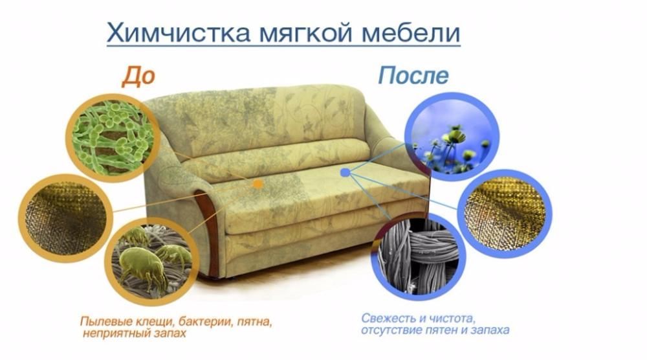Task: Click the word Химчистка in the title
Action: pos(165,32)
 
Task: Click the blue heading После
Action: pos(413,76)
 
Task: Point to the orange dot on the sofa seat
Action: pos(258,185)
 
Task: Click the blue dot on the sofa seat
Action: pos(345,173)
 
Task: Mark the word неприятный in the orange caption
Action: pos(114,334)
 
